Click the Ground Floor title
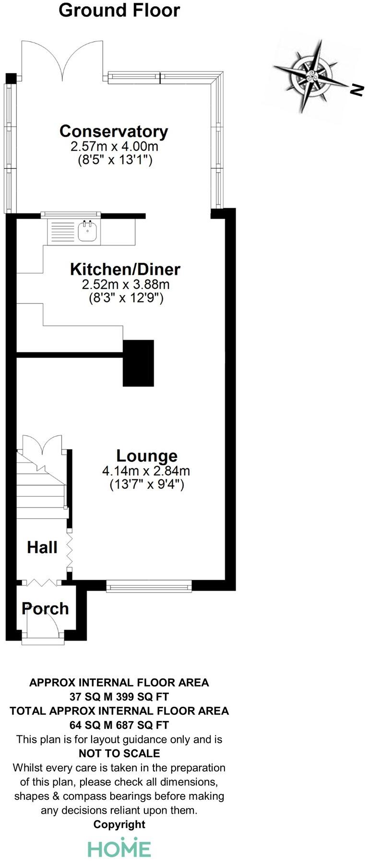pos(119,10)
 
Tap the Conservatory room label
pos(114,131)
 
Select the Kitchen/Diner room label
pos(125,269)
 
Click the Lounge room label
pos(147,455)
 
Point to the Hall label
pos(42,547)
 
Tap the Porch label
pos(45,608)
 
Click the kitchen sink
pos(88,232)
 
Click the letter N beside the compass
pos(356,90)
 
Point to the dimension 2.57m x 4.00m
pos(115,146)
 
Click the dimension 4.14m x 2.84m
pos(146,471)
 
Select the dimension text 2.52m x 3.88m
pos(126,284)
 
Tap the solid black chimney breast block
pos(138,363)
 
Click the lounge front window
pos(149,586)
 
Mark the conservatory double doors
pos(62,60)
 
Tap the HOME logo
pos(119,848)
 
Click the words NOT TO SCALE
pos(119,753)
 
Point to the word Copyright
pos(119,824)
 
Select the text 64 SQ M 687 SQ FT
pos(119,725)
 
